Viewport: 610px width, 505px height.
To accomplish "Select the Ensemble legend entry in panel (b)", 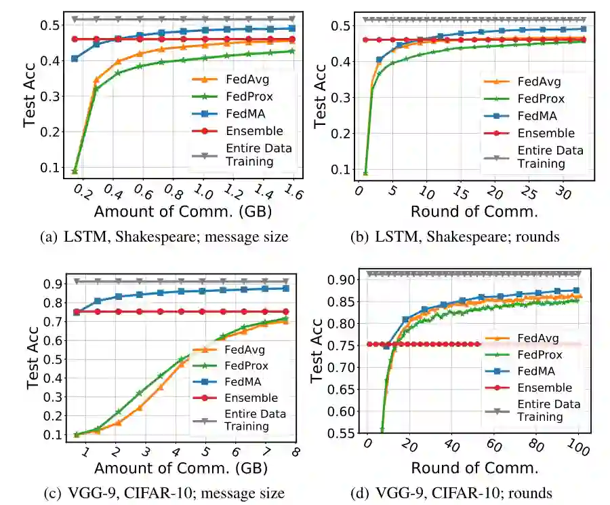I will coord(546,133).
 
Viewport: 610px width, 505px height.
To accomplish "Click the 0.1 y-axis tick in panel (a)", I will coord(51,167).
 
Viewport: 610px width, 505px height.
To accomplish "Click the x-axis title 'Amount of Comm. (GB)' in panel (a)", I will coord(183,211).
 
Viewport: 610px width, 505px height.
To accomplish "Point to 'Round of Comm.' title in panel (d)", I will coord(474,469).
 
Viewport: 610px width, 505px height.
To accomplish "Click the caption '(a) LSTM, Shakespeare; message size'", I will coord(165,237).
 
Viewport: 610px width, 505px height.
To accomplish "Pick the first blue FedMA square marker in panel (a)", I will coord(75,58).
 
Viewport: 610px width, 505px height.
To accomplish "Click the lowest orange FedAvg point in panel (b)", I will coord(365,173).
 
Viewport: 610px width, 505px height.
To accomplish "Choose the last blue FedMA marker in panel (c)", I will coord(285,288).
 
